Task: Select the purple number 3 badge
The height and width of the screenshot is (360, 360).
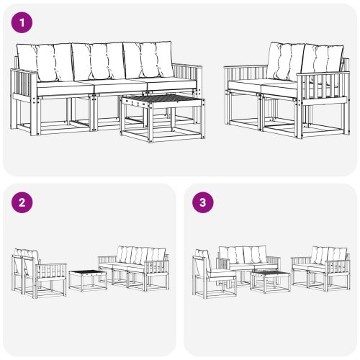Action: [x=204, y=202]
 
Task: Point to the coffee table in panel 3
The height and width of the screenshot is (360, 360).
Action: [x=271, y=279]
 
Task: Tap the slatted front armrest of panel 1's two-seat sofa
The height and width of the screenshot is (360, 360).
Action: [x=324, y=90]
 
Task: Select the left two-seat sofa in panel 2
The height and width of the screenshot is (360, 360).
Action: [x=36, y=274]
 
